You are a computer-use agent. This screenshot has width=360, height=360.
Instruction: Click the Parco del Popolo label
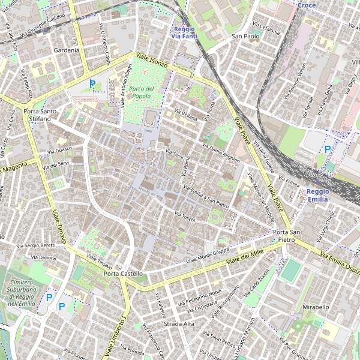[x=142, y=92]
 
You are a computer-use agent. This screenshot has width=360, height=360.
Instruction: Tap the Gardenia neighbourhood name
[x=66, y=50]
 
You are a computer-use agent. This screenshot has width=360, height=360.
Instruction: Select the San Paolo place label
[x=245, y=37]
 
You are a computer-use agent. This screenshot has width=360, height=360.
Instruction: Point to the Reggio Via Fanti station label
[x=184, y=33]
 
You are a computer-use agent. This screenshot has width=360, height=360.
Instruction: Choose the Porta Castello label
[x=123, y=274]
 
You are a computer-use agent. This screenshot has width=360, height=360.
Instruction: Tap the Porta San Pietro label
[x=286, y=236]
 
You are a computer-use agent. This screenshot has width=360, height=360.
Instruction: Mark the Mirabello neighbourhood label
[x=316, y=307]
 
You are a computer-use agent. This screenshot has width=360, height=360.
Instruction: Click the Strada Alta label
[x=179, y=324]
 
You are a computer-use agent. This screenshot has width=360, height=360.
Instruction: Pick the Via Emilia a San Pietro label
[x=206, y=193]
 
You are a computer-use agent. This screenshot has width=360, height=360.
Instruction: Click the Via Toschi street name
[x=185, y=217]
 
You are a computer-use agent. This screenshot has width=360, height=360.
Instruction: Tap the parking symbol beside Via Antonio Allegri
[x=92, y=84]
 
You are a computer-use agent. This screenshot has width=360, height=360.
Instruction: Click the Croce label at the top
[x=307, y=5]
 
